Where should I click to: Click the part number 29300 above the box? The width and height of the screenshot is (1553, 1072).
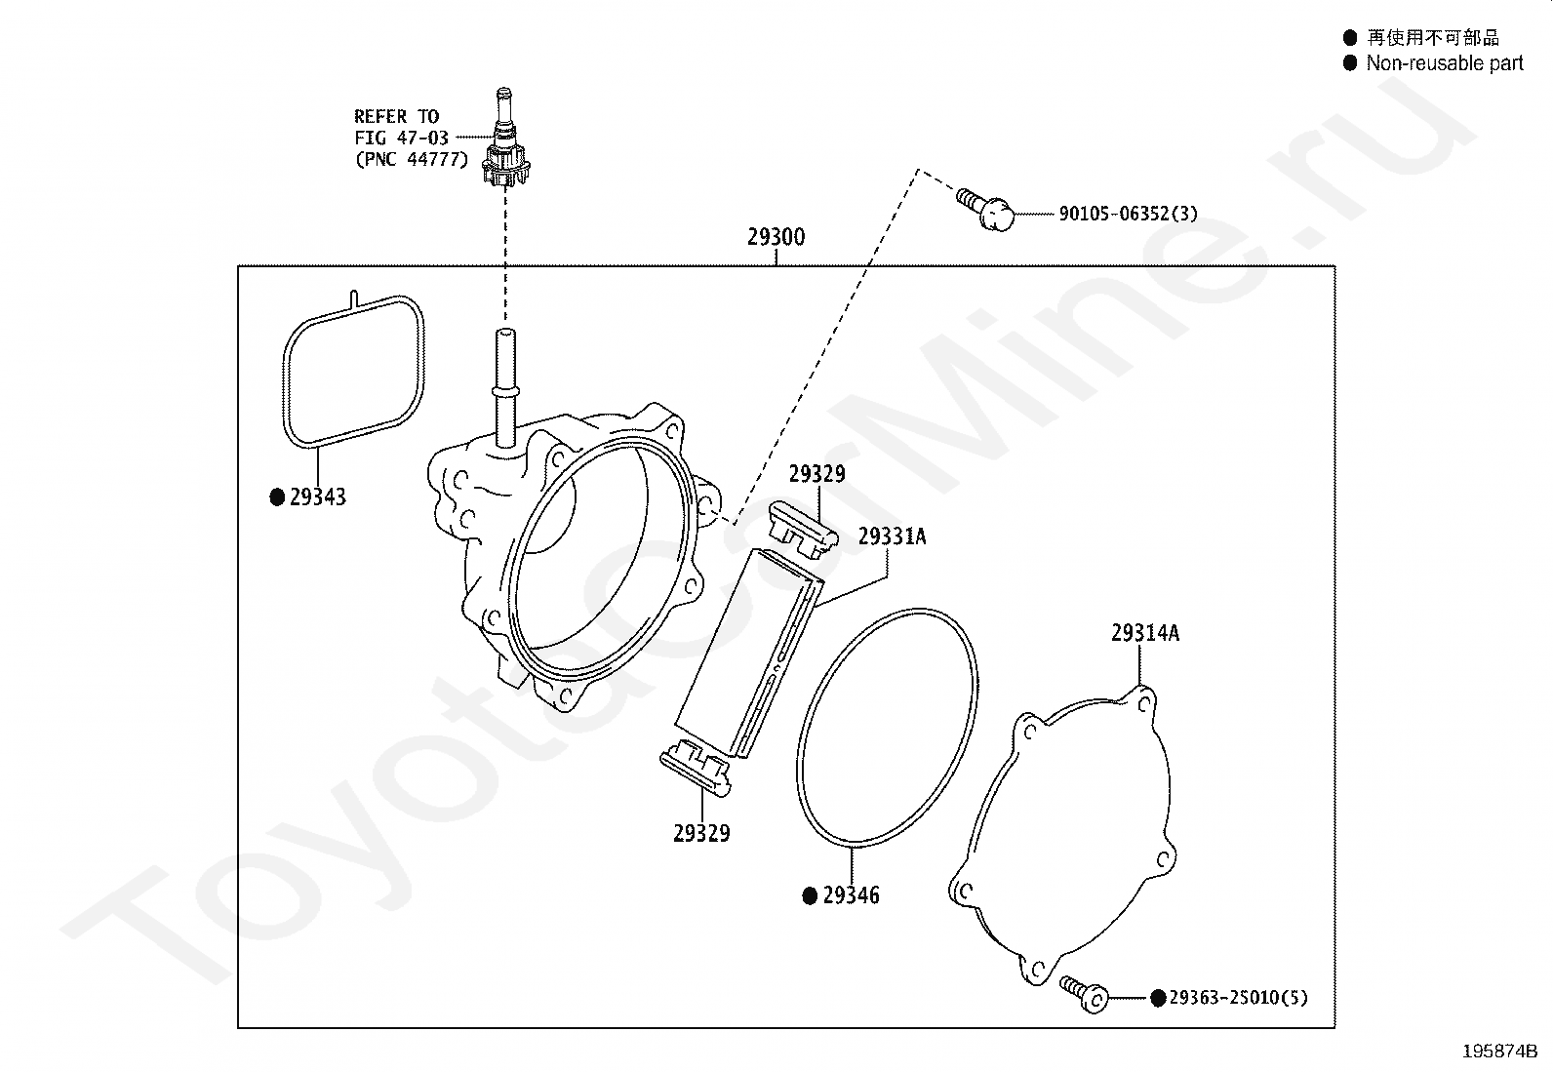(x=776, y=237)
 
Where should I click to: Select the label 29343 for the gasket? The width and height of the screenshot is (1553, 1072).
(x=318, y=497)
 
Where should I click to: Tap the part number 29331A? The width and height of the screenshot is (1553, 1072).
(x=892, y=536)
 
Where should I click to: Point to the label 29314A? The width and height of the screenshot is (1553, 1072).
(x=1144, y=633)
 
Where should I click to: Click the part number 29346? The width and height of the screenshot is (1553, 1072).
(x=851, y=895)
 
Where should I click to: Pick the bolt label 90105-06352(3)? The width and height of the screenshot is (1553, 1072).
(x=1128, y=214)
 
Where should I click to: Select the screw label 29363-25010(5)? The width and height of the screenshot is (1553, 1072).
(x=1238, y=998)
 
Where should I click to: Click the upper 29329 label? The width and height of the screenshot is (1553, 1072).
(x=817, y=474)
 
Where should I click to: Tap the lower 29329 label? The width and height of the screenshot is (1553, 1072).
(x=701, y=833)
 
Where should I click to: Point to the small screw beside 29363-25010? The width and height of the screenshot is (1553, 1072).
(x=1085, y=992)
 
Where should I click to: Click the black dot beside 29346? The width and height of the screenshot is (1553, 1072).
(x=809, y=896)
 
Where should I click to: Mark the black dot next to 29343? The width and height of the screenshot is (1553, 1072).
(x=277, y=498)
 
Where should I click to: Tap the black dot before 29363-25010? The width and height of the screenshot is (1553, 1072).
(x=1158, y=998)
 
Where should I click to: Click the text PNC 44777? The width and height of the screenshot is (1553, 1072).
(x=412, y=159)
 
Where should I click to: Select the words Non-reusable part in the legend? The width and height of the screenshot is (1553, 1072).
(x=1444, y=63)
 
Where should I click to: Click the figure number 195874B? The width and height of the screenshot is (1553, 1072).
(x=1499, y=1051)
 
